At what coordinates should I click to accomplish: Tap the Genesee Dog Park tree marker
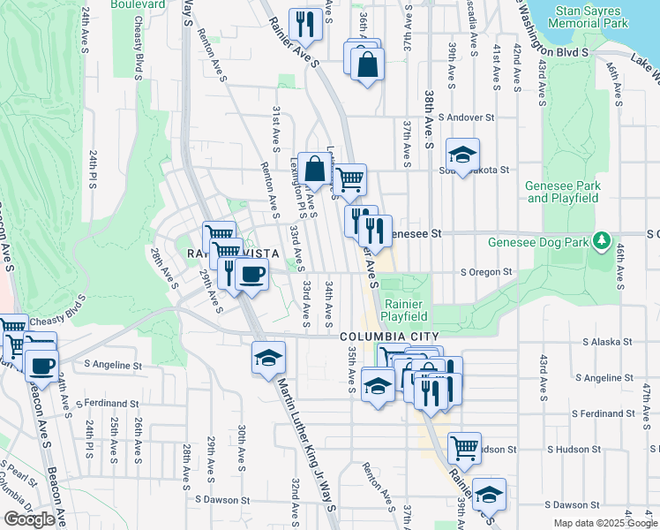[602, 240]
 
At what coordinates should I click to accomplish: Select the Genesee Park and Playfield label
[563, 192]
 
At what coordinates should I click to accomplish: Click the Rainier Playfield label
[405, 309]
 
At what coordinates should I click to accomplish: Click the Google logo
[29, 519]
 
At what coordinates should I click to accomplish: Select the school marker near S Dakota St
[462, 155]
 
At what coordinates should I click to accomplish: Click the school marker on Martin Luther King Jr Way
[268, 357]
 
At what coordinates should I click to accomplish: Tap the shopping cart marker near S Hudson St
[464, 447]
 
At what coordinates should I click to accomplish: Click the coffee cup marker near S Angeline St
[41, 364]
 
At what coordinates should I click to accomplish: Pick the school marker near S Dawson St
[489, 495]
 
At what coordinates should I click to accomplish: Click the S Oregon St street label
[486, 272]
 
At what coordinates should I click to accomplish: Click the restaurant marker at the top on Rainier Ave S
[305, 23]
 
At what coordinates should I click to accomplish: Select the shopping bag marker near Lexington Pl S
[314, 167]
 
